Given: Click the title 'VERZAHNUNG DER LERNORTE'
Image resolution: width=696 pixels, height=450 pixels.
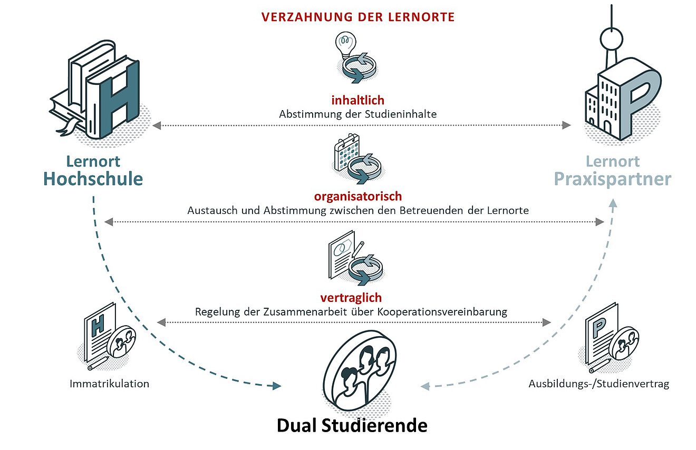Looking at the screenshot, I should tap(358, 17).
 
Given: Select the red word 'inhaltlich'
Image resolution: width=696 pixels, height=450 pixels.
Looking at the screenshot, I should tap(358, 100).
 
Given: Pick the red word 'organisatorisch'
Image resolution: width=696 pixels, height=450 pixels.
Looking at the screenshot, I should tap(358, 197).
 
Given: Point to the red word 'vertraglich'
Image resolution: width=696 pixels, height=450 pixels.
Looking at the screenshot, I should tap(358, 298).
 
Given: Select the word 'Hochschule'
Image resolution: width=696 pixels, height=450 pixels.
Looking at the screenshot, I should tap(93, 179).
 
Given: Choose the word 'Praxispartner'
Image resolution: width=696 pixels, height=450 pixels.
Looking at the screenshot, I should tap(612, 180).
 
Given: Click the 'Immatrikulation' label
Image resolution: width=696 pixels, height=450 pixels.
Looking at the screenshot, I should tap(109, 384).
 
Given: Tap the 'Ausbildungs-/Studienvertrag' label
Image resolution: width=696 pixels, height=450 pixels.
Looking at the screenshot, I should tap(598, 384).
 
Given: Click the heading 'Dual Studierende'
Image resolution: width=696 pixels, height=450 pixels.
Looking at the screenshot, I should tap(352, 426).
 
